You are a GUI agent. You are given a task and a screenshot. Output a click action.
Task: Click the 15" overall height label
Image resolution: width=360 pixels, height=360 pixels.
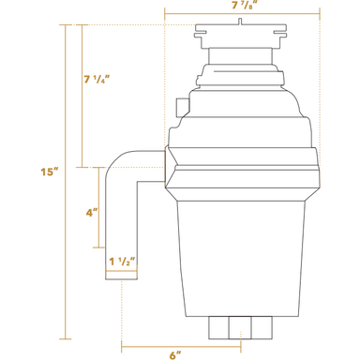(50, 172)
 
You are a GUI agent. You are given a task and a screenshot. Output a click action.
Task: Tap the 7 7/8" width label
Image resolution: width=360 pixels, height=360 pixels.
(247, 6)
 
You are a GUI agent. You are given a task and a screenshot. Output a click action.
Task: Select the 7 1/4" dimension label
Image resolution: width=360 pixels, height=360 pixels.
(97, 80)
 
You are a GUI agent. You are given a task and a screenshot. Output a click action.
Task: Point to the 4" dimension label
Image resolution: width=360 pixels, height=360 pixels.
(92, 213)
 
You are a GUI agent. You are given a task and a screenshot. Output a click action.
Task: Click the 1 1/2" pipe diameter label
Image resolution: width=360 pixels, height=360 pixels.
(123, 262)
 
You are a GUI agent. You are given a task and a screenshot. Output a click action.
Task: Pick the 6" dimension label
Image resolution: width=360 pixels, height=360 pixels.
(175, 355)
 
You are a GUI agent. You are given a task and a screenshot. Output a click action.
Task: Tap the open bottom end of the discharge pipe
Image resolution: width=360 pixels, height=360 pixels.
(122, 279)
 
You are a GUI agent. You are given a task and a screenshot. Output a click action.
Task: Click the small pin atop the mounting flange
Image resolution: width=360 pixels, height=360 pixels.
(240, 22)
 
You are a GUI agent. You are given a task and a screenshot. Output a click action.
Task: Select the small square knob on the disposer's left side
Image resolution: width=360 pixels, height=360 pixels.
(183, 107)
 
